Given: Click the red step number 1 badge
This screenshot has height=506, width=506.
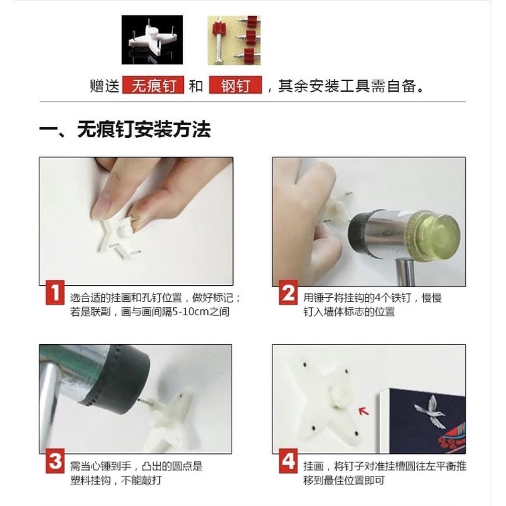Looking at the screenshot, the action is coord(55,292).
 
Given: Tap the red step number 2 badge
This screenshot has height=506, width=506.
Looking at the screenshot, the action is coord(288,292).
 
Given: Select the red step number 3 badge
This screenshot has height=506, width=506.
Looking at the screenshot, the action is coord(55,460).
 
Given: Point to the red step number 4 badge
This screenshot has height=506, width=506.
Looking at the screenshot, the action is coord(288,460).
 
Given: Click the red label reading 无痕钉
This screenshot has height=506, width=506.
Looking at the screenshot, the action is coord(153,85).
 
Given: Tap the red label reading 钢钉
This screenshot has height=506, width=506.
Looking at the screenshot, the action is coord(235,85).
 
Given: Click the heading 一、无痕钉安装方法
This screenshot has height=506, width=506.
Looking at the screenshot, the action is coord(125,129).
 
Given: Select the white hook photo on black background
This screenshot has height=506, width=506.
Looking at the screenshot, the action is coord(152,39).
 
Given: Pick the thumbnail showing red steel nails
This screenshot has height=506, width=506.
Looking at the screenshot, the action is coord(234,40).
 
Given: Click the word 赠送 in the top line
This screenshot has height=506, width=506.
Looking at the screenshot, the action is coord(104,86).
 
